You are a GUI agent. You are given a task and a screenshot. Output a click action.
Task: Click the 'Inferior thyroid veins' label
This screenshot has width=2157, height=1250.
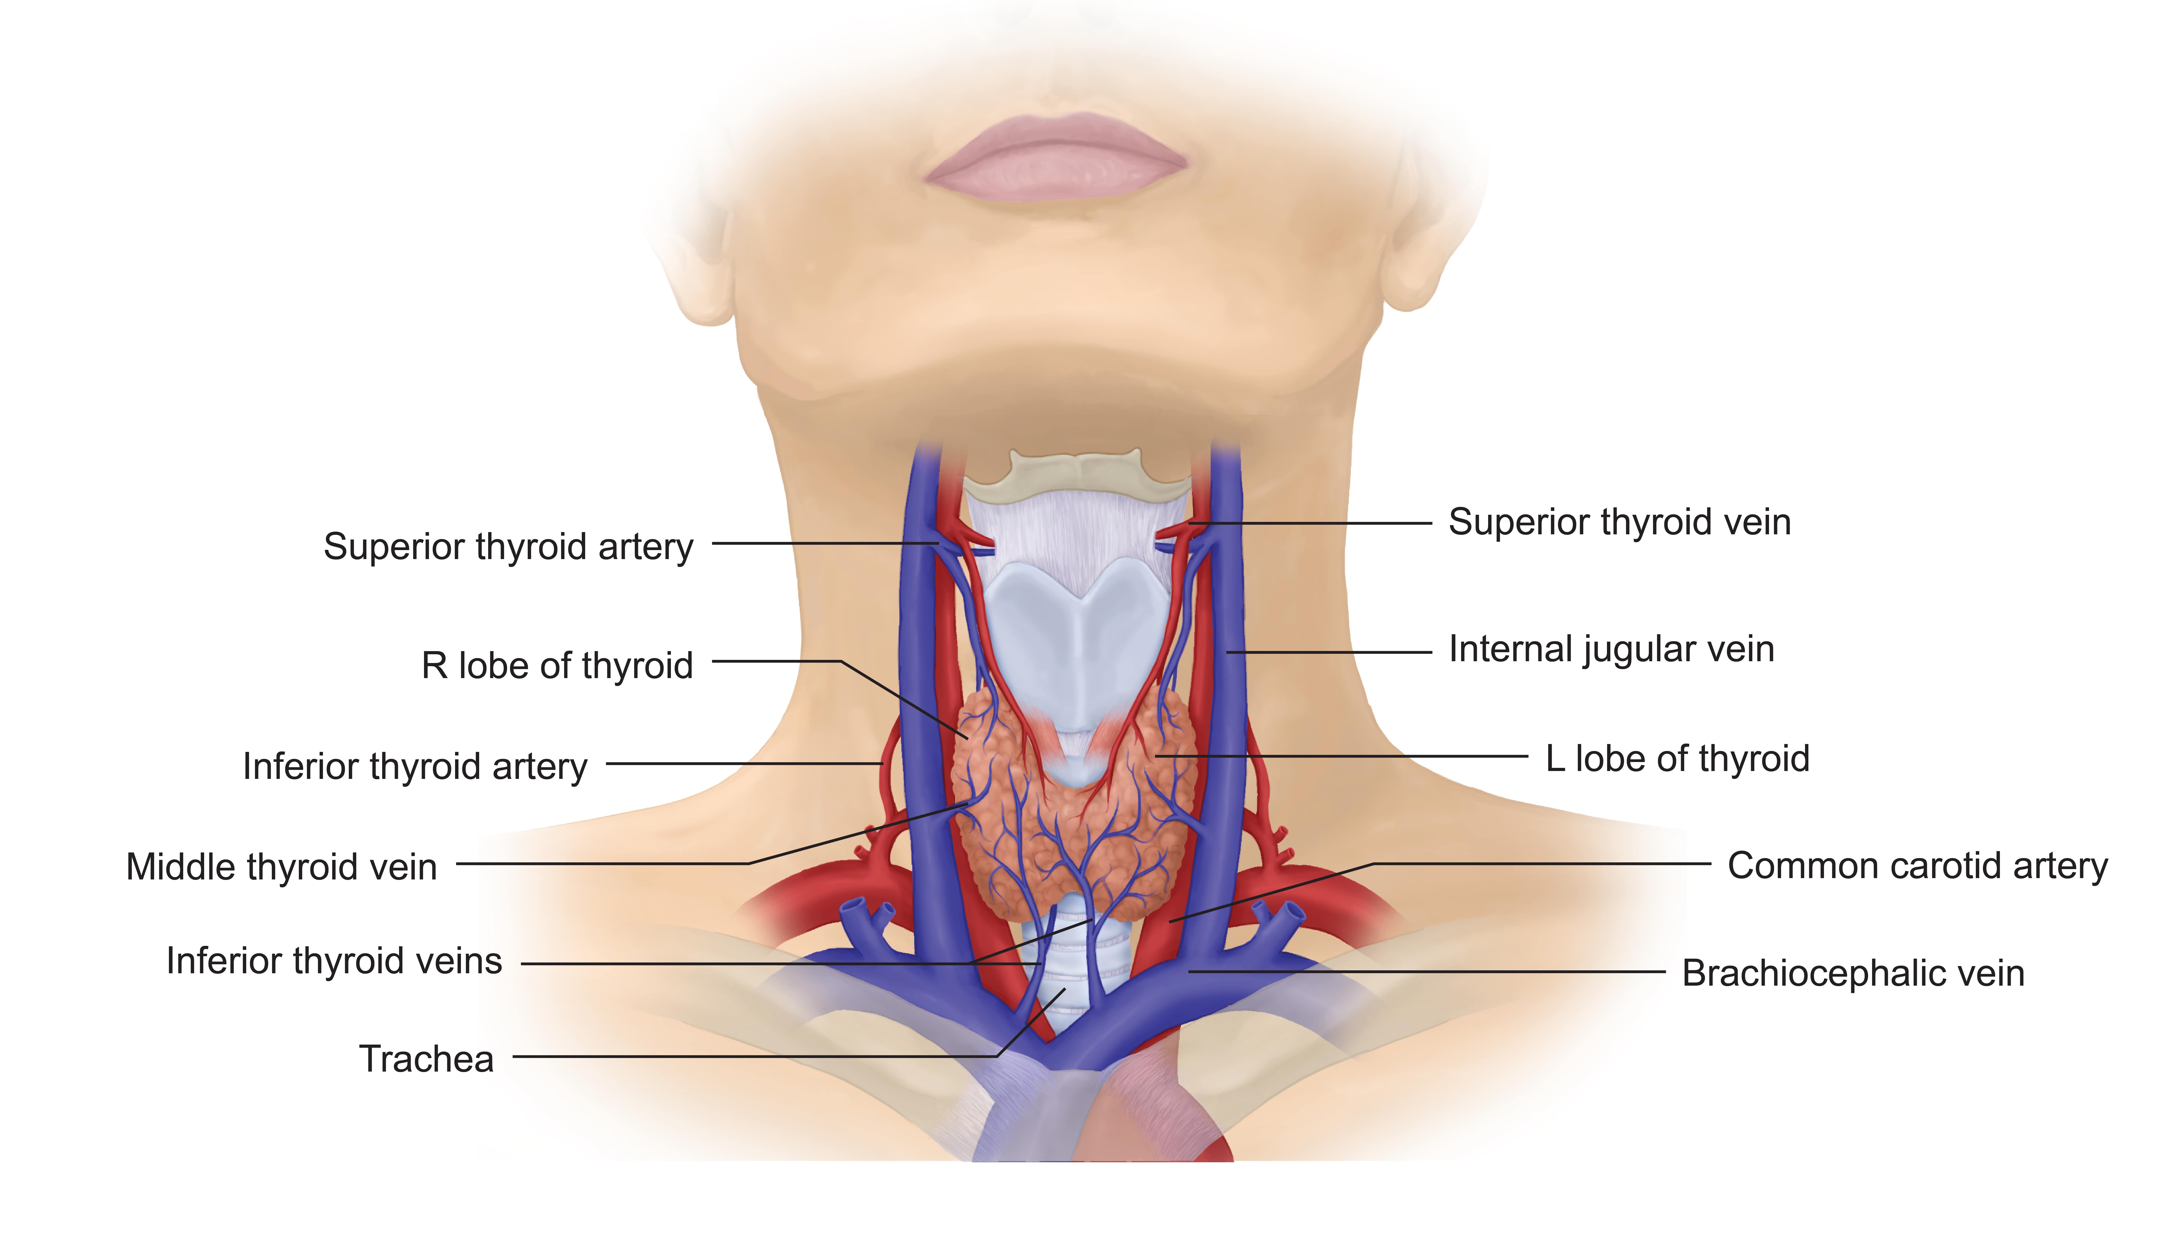(334, 961)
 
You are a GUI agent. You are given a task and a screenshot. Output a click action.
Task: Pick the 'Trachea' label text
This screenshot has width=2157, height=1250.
(426, 1059)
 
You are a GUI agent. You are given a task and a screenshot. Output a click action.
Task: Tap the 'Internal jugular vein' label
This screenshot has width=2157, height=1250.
(1611, 649)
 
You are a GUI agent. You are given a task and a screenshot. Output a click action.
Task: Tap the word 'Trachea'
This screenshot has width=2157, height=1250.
(426, 1059)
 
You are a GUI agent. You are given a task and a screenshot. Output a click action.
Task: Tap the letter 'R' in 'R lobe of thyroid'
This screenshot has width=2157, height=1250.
(434, 666)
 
